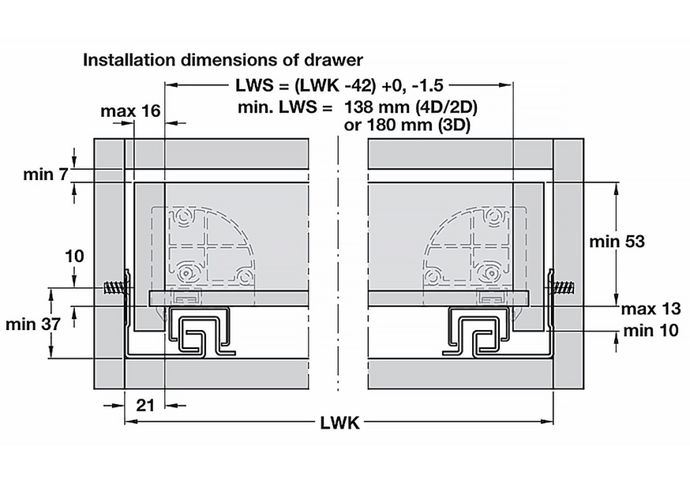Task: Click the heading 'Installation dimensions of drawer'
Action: click(223, 60)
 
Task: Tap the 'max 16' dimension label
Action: click(131, 111)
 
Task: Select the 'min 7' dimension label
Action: click(46, 174)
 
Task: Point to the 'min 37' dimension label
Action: click(33, 324)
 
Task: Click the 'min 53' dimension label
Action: click(617, 242)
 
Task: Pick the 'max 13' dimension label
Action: click(651, 309)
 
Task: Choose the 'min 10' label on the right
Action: click(651, 331)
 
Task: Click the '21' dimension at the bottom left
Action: click(144, 405)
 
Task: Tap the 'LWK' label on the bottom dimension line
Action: click(339, 423)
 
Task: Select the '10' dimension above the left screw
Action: click(74, 256)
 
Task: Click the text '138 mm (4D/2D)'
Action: click(411, 107)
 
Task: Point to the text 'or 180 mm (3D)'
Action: click(407, 126)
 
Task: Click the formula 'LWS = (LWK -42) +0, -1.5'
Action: click(339, 85)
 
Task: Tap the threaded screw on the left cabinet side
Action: click(117, 289)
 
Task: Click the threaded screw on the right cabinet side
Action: click(561, 289)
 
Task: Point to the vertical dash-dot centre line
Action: click(338, 264)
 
